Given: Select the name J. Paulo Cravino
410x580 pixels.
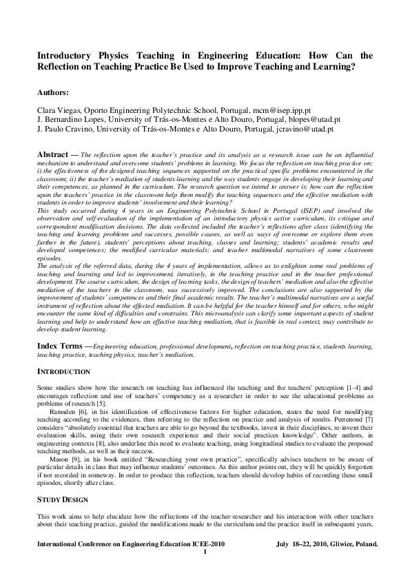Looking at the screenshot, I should tap(65, 128).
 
